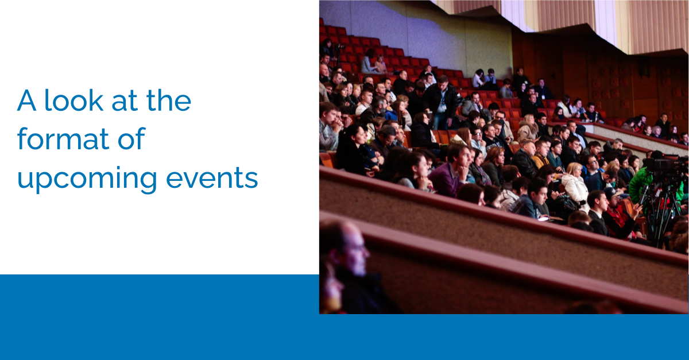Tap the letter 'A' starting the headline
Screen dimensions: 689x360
(27, 100)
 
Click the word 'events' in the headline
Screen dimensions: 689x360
(212, 178)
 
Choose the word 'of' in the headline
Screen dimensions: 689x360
(131, 138)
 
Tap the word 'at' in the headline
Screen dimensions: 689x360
(124, 101)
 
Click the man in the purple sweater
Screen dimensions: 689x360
(451, 171)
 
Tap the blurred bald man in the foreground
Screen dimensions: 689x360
(351, 268)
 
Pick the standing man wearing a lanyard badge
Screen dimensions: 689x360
(441, 102)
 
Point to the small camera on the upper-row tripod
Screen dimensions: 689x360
(339, 48)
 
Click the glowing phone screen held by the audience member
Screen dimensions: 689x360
(543, 219)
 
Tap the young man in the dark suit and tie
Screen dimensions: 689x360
(598, 213)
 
